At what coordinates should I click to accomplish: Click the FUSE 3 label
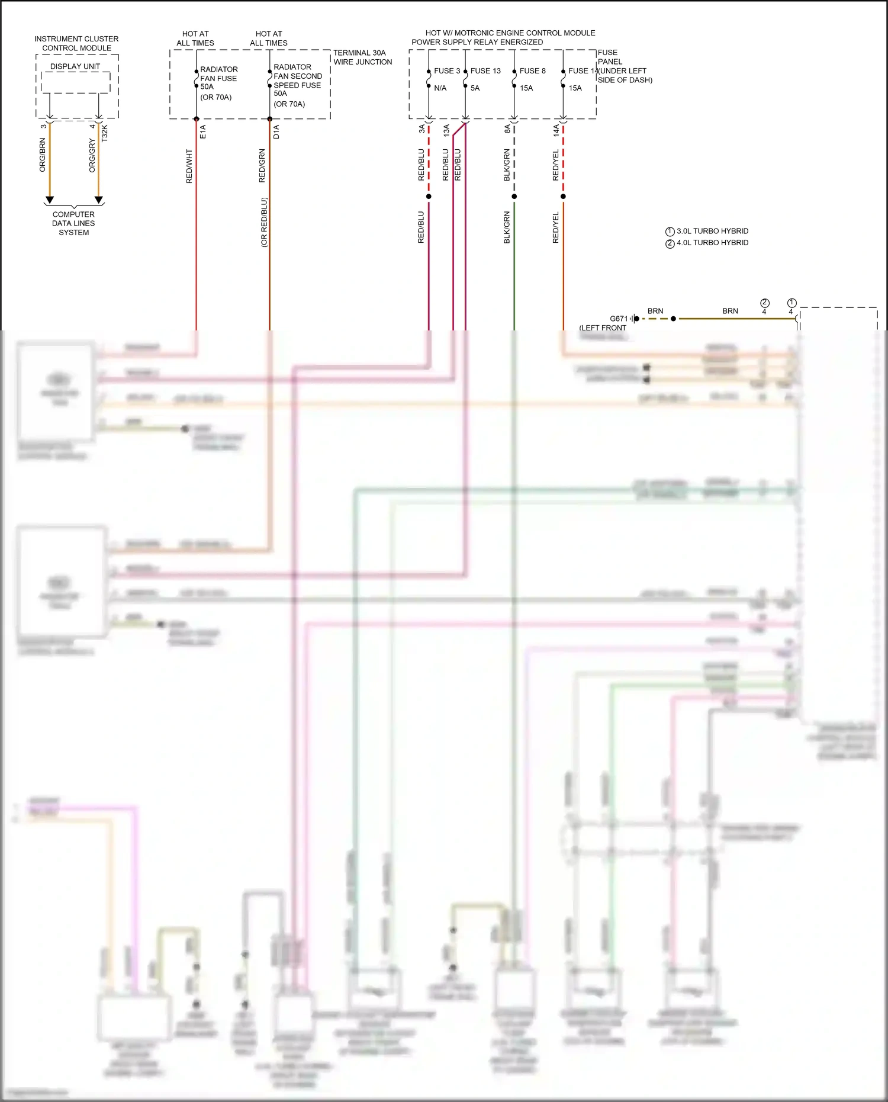[x=446, y=70]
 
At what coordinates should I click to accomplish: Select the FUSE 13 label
[x=485, y=70]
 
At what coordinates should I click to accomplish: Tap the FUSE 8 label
[x=532, y=70]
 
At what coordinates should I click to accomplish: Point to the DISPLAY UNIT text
[x=75, y=66]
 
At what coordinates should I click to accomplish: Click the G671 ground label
[x=619, y=319]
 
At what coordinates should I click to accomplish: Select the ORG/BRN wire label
[x=43, y=155]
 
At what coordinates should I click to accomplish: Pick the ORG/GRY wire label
[x=92, y=156]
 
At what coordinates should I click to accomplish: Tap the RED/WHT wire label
[x=189, y=166]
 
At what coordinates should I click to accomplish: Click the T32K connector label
[x=105, y=133]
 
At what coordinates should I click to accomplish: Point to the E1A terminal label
[x=203, y=131]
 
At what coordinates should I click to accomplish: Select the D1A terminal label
[x=276, y=131]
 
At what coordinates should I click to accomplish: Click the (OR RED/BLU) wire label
[x=264, y=222]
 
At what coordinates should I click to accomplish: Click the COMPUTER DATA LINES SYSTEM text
[x=73, y=223]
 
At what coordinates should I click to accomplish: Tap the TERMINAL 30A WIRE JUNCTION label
[x=362, y=57]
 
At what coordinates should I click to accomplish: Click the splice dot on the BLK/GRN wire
[x=514, y=197]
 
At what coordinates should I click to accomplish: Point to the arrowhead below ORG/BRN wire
[x=50, y=200]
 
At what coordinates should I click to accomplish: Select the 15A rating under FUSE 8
[x=526, y=88]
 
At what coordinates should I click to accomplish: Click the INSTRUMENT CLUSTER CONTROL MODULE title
[x=76, y=43]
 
